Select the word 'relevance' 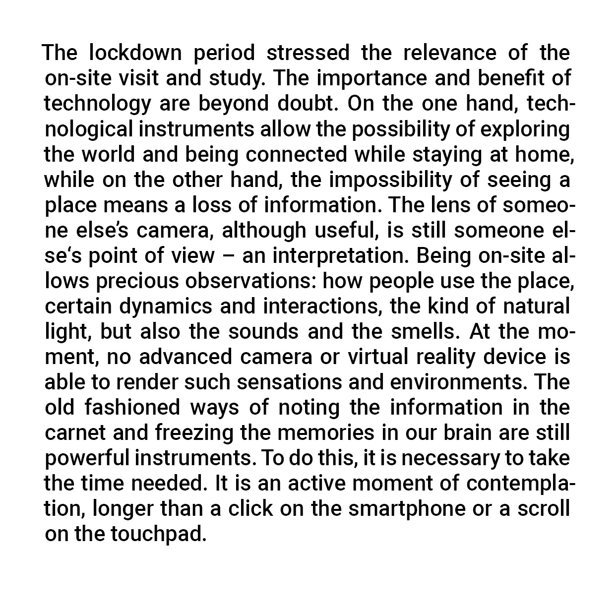click(x=449, y=53)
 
